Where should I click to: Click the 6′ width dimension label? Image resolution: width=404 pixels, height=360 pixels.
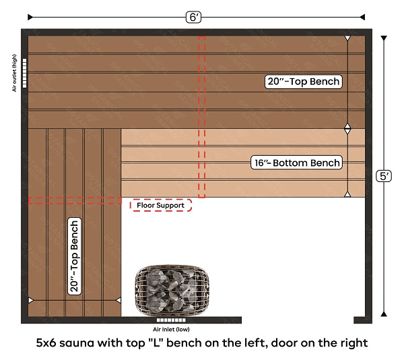point(193,18)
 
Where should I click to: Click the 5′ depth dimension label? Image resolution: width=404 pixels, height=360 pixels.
point(384,177)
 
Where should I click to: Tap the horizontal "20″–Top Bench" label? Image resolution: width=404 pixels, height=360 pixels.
point(304,82)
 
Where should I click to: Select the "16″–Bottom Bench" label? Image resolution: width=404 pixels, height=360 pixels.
point(296,162)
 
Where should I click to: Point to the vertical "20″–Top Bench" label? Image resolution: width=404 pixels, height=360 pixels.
point(75,256)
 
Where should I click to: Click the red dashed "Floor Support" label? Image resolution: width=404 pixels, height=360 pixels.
point(161,205)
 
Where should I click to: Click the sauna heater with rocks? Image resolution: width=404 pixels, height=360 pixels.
point(172,291)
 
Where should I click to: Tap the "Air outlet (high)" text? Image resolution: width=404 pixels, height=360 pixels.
point(14,73)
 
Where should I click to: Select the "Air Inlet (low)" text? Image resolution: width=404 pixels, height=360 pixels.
point(171,329)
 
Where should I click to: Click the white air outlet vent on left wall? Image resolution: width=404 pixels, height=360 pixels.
point(24,73)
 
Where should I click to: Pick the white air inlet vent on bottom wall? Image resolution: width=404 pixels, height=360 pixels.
point(171,320)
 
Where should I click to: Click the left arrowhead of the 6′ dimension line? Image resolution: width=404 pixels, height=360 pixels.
point(30,18)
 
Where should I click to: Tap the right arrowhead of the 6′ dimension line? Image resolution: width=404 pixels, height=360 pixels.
point(362,18)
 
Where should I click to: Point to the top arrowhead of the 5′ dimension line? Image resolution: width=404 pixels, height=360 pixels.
point(384,38)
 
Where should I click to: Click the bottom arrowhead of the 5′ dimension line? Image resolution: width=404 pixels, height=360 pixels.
point(384,314)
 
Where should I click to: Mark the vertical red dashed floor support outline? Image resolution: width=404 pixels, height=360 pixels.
point(202,117)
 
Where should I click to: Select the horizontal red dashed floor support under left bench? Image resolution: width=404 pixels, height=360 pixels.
point(75,201)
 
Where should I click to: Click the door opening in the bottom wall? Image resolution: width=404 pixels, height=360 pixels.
point(298,320)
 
